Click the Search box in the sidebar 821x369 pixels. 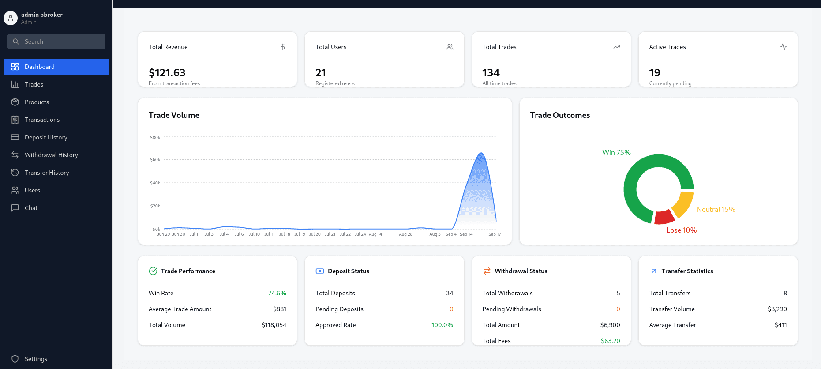56,41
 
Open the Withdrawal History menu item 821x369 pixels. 51,155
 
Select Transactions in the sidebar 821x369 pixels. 42,120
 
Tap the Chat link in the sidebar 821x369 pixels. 31,208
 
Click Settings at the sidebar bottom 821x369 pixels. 36,359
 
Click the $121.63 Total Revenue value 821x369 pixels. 167,73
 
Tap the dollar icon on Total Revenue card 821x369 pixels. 283,47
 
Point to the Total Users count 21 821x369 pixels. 321,73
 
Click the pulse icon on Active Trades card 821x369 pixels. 783,47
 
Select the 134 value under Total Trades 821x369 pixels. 491,73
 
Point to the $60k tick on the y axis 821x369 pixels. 155,160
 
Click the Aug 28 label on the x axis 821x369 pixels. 405,234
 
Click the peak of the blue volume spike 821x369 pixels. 481,154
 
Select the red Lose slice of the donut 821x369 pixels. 664,217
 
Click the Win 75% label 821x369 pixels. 616,152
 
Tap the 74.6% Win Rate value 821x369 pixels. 277,293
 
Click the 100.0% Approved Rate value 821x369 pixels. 442,325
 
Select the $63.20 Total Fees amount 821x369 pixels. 610,341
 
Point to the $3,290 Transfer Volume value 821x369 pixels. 777,309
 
